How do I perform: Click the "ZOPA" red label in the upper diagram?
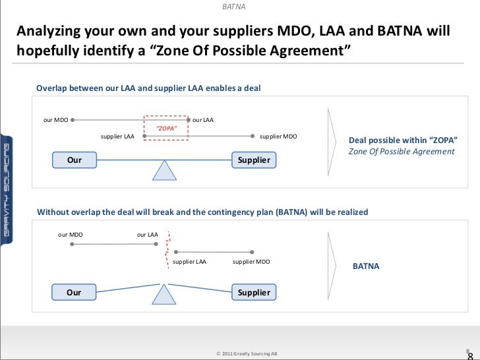coord(165,128)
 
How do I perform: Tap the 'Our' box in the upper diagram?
coord(75,160)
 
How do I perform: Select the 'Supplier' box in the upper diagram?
coord(254,160)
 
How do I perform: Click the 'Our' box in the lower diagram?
coord(75,292)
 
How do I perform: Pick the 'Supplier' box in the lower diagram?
coord(254,292)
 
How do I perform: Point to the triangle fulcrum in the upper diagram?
coord(165,170)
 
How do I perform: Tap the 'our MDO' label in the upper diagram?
coord(55,120)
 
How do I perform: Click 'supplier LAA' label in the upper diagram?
coord(117,136)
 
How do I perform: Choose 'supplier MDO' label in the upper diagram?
coord(278,136)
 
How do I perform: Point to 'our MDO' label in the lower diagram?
coord(71,234)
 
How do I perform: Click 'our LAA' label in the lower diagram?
coord(148,234)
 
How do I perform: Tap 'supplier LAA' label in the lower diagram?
coord(189,262)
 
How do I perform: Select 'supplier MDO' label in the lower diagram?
coord(251,262)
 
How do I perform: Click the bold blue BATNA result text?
coord(367,267)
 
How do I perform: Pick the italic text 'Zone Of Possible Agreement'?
coord(402,152)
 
